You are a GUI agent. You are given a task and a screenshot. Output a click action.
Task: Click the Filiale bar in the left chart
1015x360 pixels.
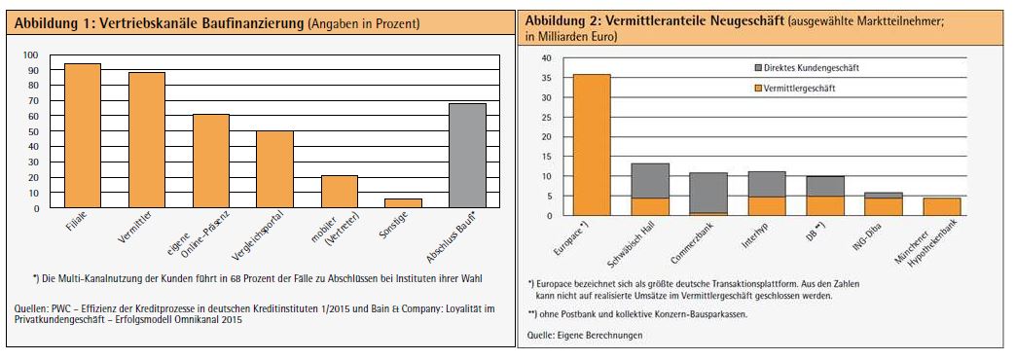(83, 135)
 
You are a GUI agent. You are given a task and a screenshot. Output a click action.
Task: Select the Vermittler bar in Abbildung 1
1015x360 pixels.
(146, 140)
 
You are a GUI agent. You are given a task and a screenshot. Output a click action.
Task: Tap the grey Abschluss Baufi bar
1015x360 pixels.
(467, 156)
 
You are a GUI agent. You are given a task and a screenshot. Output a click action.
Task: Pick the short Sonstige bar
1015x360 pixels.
(403, 202)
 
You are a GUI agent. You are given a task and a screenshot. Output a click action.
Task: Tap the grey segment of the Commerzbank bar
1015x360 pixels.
(707, 192)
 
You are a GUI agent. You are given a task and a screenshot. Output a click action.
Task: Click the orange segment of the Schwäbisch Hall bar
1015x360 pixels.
(649, 206)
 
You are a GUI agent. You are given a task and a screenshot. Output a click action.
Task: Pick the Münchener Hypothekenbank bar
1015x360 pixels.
(941, 206)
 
